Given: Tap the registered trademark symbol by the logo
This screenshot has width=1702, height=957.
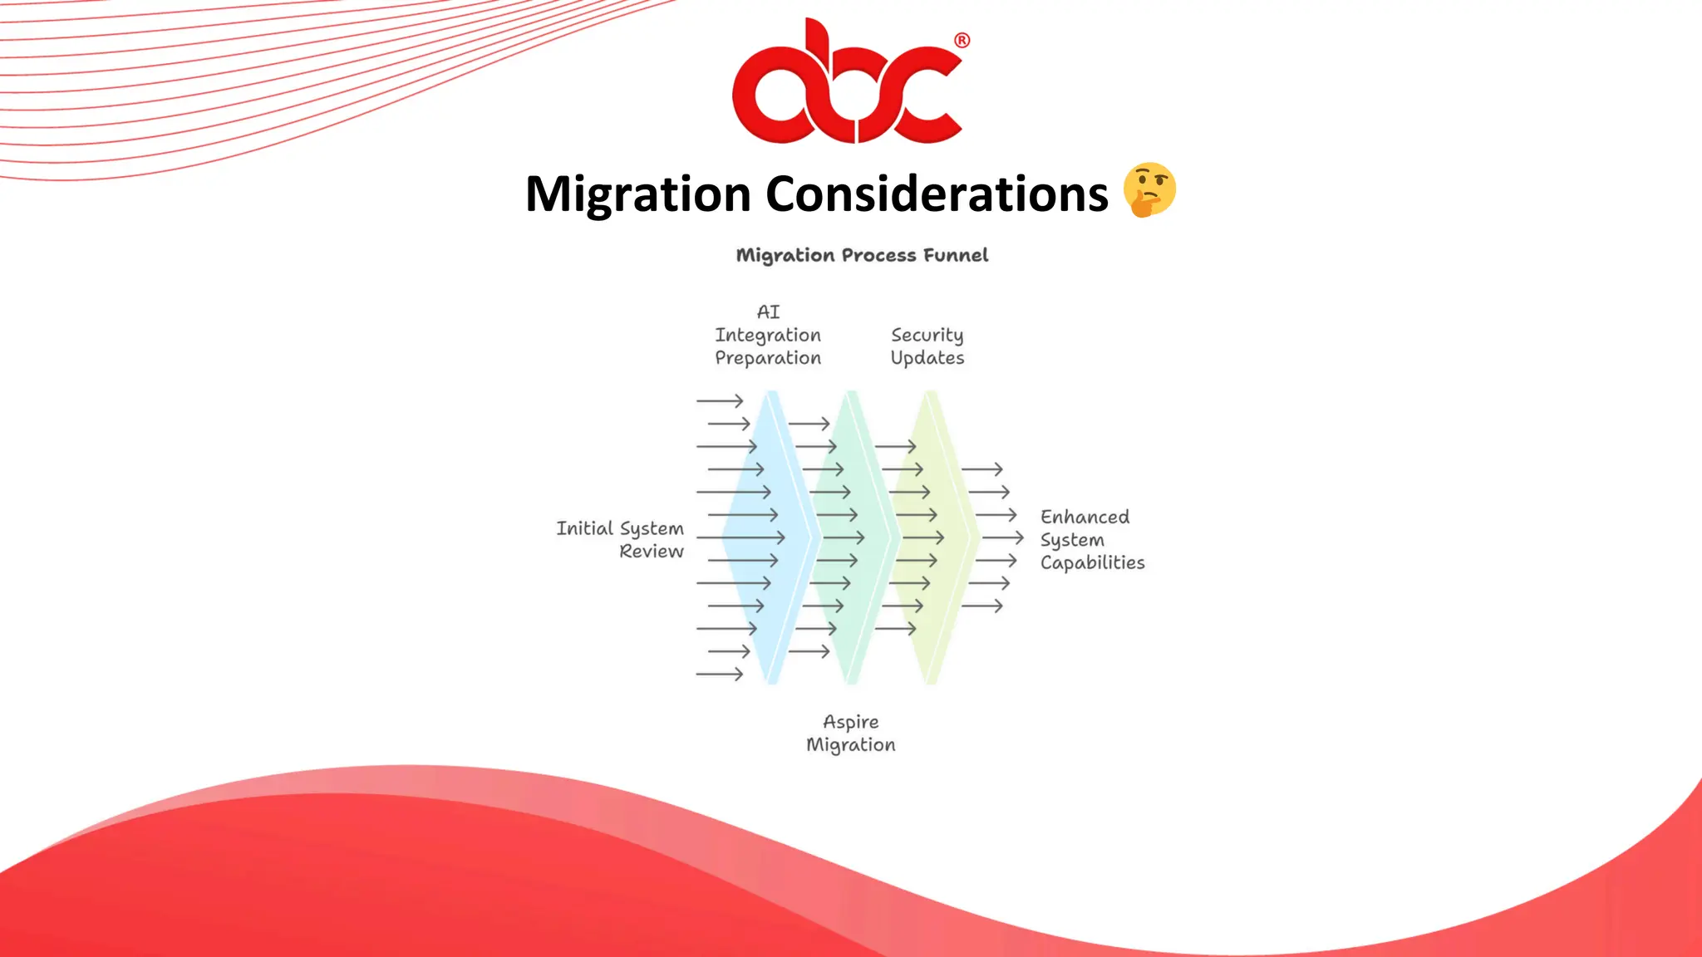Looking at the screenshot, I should point(962,41).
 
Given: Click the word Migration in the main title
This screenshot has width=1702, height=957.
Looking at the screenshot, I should point(638,194).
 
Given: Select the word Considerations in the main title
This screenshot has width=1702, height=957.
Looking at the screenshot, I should point(937,194).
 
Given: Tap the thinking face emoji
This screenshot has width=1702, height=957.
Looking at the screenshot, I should point(1149,190).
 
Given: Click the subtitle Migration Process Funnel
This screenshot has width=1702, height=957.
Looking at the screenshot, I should point(862,255).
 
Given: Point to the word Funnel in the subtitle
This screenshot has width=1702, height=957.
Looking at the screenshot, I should point(956,255).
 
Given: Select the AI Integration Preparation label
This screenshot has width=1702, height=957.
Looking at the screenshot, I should point(768,335).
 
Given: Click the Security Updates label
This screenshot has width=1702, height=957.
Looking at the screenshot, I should point(927,346).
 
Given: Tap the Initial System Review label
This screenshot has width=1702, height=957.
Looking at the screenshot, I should point(621,540).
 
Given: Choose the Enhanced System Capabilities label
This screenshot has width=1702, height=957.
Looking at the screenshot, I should point(1091,540).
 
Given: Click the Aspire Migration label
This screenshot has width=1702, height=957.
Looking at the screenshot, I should point(851,734).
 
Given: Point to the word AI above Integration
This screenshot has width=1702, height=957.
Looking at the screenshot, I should point(769,312).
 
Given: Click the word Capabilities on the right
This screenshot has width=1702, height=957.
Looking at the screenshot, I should point(1092,563).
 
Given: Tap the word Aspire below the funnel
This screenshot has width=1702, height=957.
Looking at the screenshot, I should point(851,722).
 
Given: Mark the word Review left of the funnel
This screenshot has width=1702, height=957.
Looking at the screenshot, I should point(652,552).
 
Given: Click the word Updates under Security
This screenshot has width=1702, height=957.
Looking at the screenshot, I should point(927,358).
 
